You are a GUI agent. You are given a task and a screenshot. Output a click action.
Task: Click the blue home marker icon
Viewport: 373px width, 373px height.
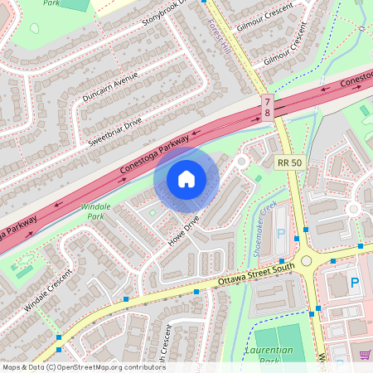click(186, 178)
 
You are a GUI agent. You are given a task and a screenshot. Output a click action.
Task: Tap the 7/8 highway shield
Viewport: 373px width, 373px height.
click(267, 105)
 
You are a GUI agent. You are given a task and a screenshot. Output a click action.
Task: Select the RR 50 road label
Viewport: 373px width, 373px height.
click(290, 163)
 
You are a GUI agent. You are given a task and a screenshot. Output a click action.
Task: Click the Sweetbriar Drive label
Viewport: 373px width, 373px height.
click(115, 129)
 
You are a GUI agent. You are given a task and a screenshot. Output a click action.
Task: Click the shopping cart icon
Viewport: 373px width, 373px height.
click(364, 355)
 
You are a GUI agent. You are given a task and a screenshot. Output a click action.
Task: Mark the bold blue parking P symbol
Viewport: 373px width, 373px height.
click(355, 283)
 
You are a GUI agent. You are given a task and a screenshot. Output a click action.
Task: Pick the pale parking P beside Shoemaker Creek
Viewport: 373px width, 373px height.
click(279, 235)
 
